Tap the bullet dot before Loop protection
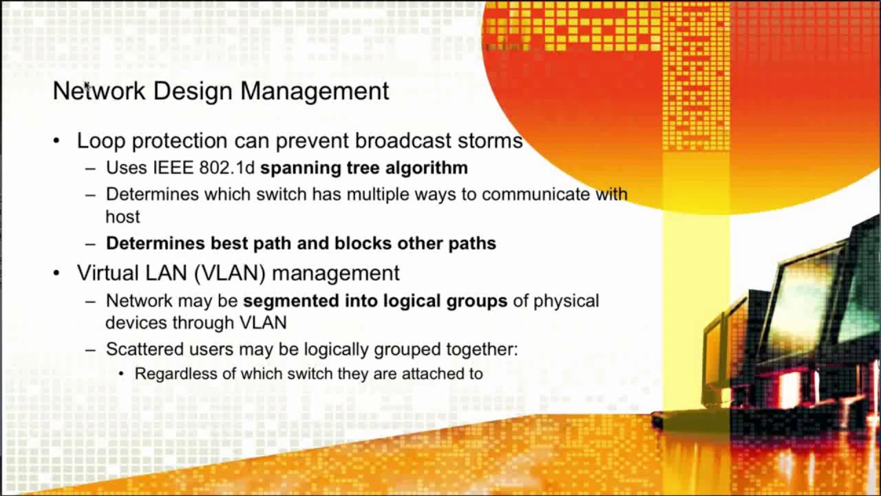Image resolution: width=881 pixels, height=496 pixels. coord(56,141)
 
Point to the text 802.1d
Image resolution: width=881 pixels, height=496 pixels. coord(226,168)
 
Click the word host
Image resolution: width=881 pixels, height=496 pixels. coord(123,217)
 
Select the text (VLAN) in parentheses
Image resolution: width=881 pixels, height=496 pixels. coord(230,273)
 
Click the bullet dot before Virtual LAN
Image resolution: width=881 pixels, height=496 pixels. coord(56,273)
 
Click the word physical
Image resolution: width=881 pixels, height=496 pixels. coord(566,301)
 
